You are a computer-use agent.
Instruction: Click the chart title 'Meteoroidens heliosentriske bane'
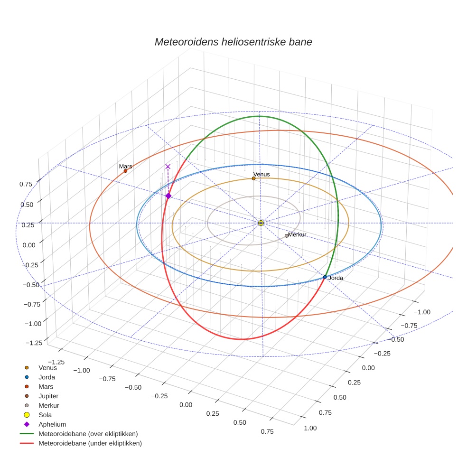(233, 42)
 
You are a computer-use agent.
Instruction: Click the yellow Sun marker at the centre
(261, 223)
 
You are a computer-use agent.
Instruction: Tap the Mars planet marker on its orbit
(125, 171)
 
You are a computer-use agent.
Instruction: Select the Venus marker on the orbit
(253, 178)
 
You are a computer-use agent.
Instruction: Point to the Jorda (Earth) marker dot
(325, 277)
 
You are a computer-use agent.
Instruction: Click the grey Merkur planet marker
(286, 236)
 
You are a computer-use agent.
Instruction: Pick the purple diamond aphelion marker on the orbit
(168, 196)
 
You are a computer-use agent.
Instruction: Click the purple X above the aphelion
(168, 167)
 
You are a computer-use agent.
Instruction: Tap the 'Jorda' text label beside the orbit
(336, 278)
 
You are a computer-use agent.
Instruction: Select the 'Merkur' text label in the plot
(297, 234)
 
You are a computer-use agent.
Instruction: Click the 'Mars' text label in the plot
(125, 167)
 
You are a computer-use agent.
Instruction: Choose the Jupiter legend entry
(48, 396)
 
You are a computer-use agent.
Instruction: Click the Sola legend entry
(45, 415)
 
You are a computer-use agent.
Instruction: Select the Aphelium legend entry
(52, 424)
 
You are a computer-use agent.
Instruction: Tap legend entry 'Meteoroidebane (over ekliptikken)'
(88, 434)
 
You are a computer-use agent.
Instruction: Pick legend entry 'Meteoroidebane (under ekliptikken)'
(90, 443)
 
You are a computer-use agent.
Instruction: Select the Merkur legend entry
(48, 405)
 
